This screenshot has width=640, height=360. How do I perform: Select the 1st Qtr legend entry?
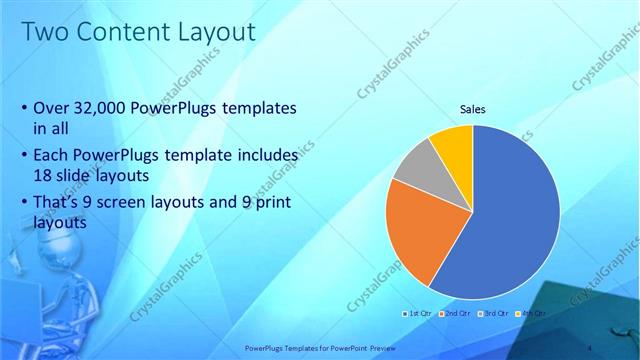pyautogui.click(x=418, y=313)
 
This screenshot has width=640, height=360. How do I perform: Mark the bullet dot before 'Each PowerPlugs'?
pyautogui.click(x=24, y=157)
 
